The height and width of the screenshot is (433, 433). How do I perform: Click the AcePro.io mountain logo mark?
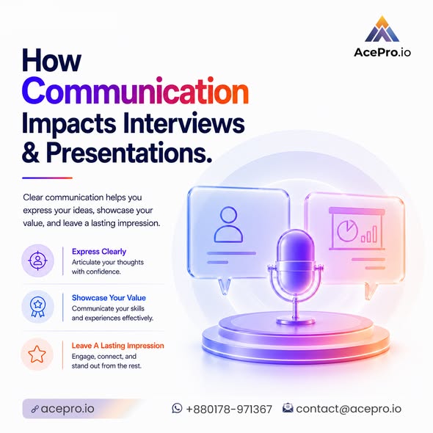382,29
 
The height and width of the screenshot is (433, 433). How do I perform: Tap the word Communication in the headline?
135,90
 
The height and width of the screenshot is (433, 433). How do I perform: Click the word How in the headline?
51,60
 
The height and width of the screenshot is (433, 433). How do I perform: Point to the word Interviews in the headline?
184,123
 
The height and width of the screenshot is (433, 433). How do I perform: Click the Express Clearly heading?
99,252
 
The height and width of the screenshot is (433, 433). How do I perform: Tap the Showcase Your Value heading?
109,298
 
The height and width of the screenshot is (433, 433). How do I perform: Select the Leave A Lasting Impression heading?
118,346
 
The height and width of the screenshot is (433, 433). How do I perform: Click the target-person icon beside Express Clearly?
37,261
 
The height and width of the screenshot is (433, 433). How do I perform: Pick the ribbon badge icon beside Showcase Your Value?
38,307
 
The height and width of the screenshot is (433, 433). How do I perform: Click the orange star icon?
37,354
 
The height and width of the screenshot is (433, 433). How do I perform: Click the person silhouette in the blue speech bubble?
228,225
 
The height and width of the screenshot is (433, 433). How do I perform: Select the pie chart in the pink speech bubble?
347,230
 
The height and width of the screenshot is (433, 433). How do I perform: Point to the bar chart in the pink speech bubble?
369,234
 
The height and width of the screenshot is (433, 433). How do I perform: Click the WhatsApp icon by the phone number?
177,408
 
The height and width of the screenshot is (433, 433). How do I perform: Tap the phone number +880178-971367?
229,409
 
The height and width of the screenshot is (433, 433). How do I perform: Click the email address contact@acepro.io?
349,409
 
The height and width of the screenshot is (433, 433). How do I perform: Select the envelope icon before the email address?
288,408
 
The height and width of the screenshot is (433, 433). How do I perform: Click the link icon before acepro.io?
34,409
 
